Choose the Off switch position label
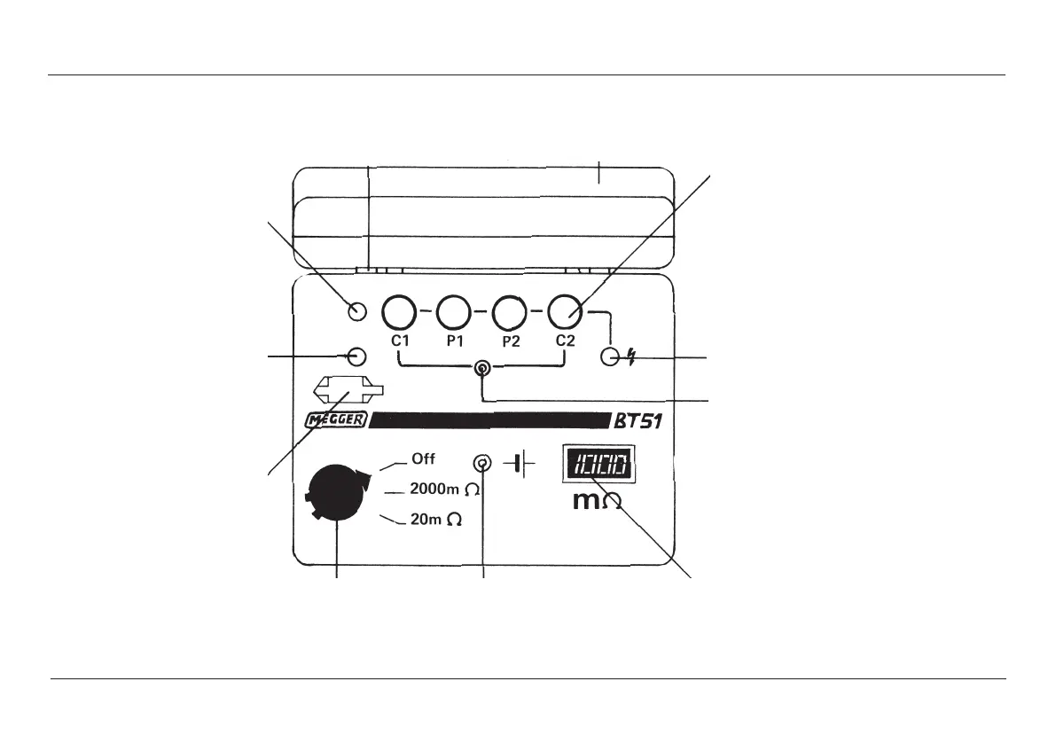(423, 459)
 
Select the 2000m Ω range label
(445, 489)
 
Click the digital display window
(601, 464)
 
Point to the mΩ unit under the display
(597, 502)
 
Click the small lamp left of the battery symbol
(483, 463)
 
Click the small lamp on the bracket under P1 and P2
(481, 368)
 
